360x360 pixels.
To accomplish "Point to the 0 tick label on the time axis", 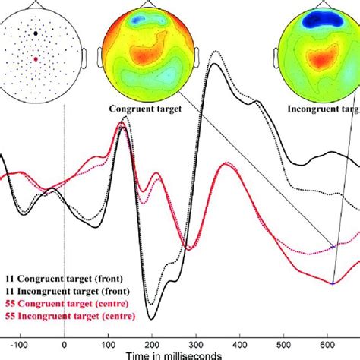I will pyautogui.click(x=65, y=342).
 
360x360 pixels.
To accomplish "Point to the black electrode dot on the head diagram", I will pyautogui.click(x=36, y=33).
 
